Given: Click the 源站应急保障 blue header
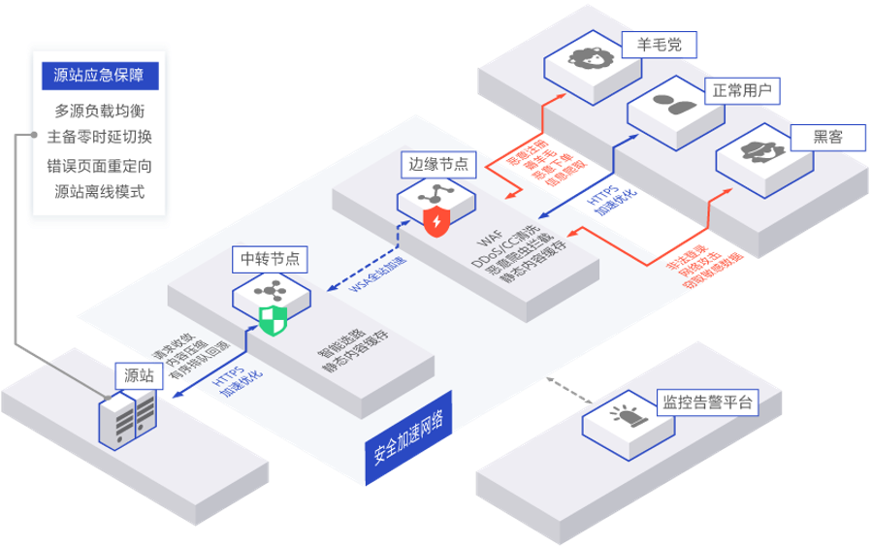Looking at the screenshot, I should tap(99, 76).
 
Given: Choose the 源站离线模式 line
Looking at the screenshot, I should tap(99, 191).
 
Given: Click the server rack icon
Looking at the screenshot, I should tap(126, 419).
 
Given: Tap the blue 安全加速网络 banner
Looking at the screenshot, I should tap(408, 437).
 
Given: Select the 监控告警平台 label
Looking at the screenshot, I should tap(706, 402).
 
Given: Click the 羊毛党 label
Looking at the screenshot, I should tap(659, 45).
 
